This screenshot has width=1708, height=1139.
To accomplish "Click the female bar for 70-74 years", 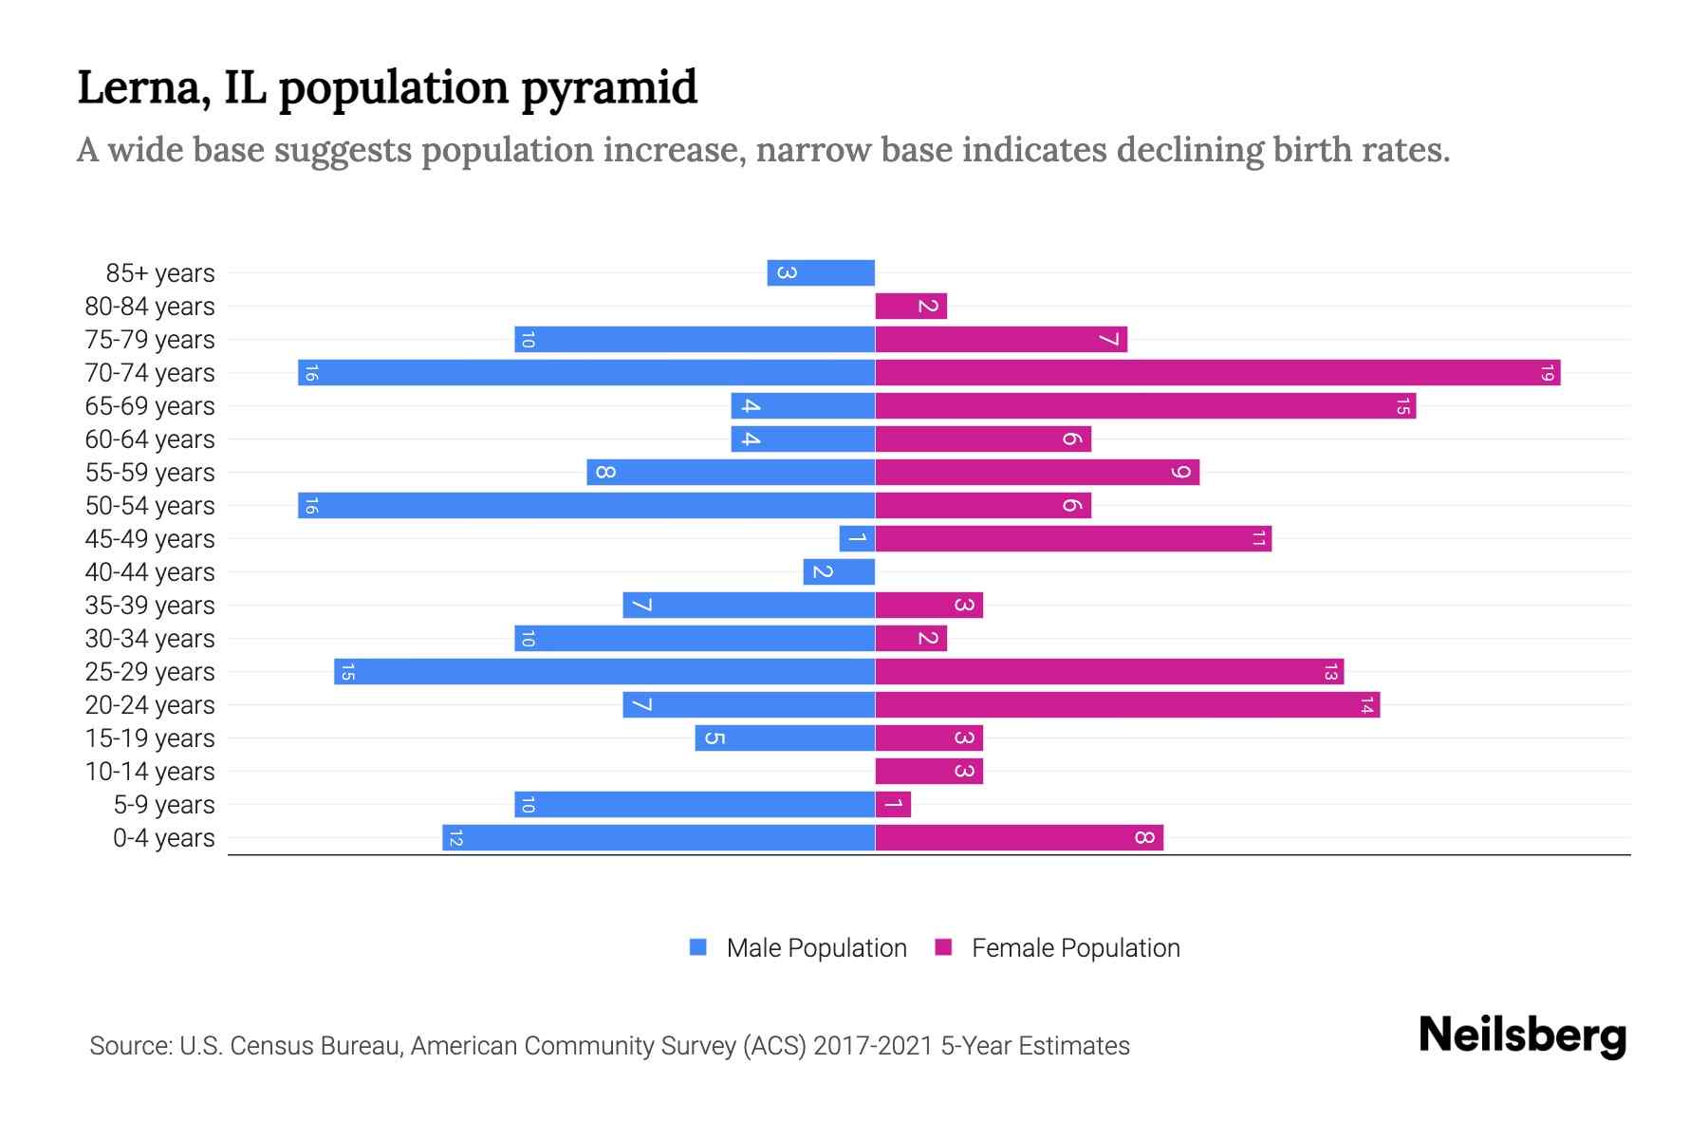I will (1217, 372).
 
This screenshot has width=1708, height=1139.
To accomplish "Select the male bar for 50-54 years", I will (586, 505).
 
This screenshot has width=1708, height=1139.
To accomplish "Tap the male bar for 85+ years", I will (821, 272).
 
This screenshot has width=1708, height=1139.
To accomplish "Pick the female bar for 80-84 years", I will (911, 306).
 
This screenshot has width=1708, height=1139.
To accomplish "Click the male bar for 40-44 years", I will (839, 571).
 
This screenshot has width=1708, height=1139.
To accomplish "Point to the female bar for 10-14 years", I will (929, 771).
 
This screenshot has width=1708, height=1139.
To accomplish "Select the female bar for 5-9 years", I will (893, 804).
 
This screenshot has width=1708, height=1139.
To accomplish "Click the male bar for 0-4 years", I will (659, 837).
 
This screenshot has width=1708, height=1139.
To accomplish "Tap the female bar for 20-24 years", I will (1127, 704).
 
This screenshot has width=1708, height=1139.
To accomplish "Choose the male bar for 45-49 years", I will (857, 538).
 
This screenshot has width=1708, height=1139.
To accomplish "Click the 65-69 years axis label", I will (150, 406).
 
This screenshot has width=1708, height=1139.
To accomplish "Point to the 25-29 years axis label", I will (150, 672).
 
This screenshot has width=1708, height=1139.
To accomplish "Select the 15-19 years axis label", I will (150, 738).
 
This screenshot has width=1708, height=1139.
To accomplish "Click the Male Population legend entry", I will (816, 947).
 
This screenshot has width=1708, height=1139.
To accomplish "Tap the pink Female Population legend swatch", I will (943, 947).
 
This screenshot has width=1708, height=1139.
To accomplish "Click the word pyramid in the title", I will (609, 87).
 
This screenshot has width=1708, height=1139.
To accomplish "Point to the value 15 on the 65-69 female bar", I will (1402, 406).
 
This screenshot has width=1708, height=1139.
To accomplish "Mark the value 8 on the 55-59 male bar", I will (604, 472).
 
